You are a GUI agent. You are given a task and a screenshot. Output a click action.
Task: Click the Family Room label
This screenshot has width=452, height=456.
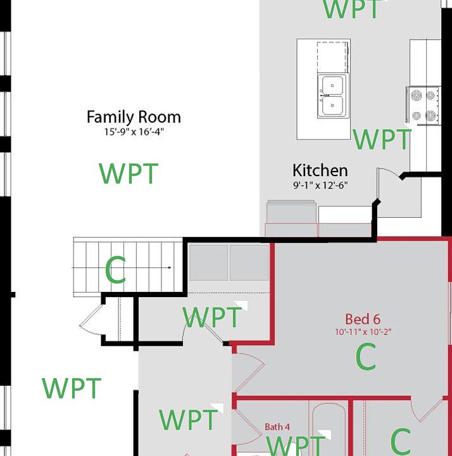(x=134, y=117)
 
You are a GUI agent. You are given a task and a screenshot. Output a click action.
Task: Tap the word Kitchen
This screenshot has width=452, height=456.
(x=320, y=170)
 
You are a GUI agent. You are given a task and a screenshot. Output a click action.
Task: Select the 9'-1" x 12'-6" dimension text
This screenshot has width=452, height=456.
(x=320, y=186)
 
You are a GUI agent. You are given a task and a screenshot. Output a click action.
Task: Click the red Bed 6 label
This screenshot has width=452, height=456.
(x=363, y=319)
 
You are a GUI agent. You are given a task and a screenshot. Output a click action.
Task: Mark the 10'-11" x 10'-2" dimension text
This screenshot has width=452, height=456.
(x=363, y=332)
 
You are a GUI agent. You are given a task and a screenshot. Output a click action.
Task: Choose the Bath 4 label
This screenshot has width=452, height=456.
(x=277, y=427)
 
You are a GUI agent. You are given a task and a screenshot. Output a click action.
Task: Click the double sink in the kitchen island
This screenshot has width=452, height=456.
(x=332, y=96)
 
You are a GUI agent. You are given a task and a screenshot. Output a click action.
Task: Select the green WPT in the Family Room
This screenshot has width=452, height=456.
(x=129, y=174)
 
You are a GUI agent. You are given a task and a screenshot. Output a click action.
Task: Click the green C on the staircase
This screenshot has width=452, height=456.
(x=115, y=271)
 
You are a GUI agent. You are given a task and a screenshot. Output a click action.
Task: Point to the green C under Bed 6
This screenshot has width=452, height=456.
(x=366, y=357)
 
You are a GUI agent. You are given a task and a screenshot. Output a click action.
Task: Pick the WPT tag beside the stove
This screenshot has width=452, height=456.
(x=382, y=139)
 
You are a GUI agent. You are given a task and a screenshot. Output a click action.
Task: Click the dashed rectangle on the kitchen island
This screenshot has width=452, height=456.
(x=332, y=58)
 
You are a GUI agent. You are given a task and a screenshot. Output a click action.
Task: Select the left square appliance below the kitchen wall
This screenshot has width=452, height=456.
(x=208, y=263)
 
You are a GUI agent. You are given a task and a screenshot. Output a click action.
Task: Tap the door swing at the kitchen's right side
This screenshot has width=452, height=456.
(x=389, y=180)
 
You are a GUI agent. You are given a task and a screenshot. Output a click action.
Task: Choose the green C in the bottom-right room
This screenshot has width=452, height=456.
(x=401, y=441)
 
